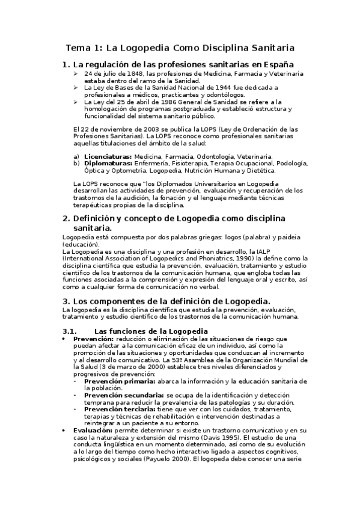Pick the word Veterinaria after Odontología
pos(254,156)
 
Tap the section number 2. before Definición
pos(66,218)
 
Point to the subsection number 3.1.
pos(72,331)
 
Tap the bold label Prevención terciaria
pos(121,408)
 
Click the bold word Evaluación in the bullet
pos(93,431)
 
